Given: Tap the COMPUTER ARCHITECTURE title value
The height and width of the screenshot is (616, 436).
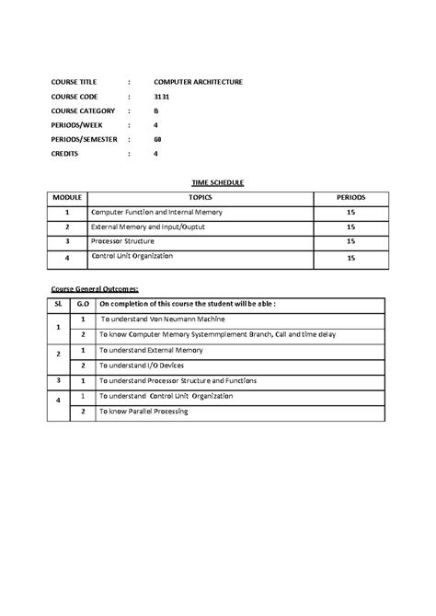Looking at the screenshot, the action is [x=198, y=82].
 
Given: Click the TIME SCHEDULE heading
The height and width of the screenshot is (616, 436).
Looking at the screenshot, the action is [x=217, y=183].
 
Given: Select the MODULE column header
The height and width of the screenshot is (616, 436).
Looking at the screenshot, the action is [x=67, y=197].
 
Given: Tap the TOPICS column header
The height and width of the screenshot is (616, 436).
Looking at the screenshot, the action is [x=200, y=197].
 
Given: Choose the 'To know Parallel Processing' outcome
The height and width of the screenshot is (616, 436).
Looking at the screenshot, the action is [x=143, y=412].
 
